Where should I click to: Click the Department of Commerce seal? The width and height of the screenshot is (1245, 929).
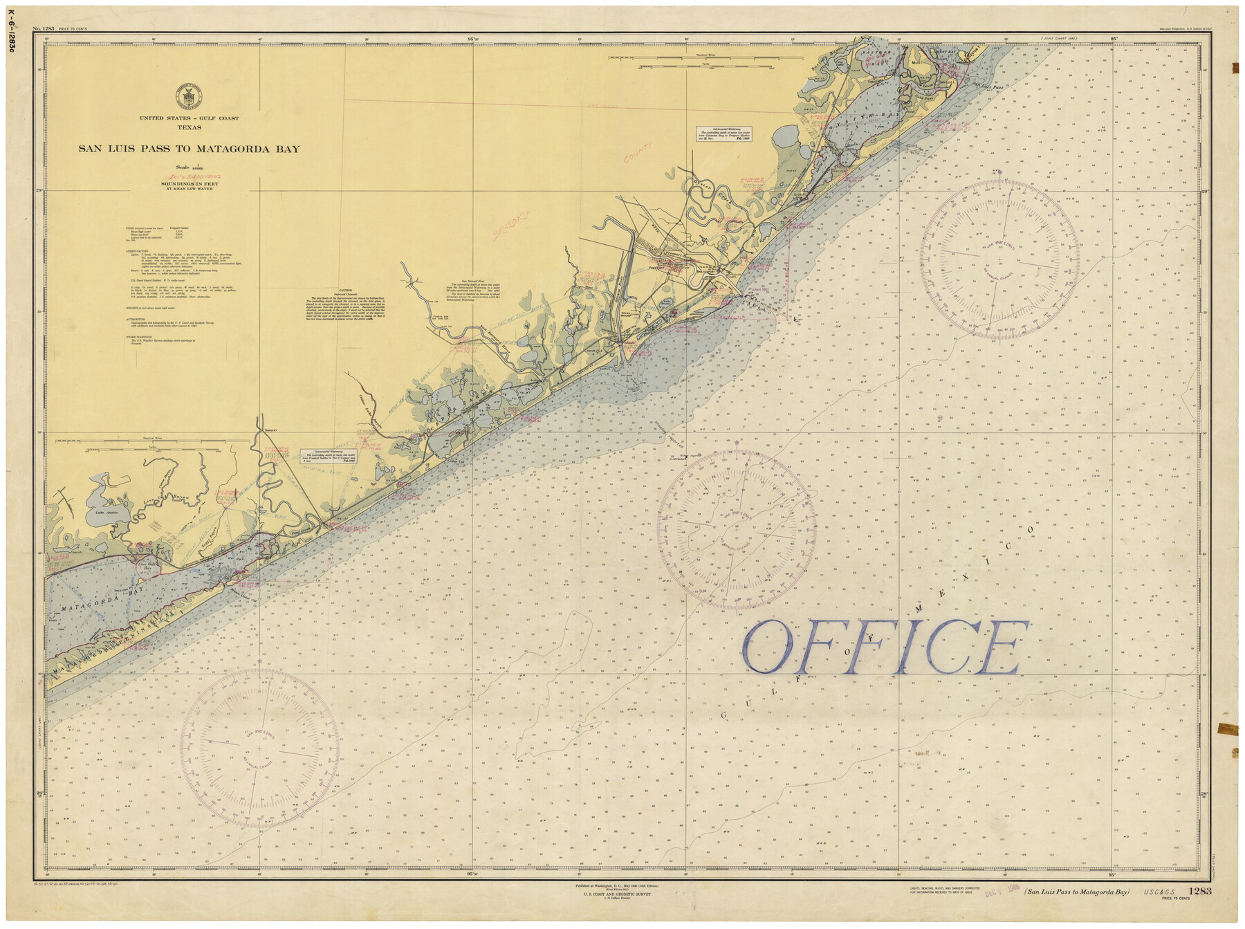188,95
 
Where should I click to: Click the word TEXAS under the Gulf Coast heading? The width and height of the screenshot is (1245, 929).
189,127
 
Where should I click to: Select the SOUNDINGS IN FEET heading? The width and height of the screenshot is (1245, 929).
189,183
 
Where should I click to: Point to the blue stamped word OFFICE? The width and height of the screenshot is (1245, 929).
885,647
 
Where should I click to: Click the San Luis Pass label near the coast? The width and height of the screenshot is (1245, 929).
988,87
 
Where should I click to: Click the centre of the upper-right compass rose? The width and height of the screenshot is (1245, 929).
999,259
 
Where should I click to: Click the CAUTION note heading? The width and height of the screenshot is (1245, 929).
345,291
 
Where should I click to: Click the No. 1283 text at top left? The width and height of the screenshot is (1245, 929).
44,28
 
